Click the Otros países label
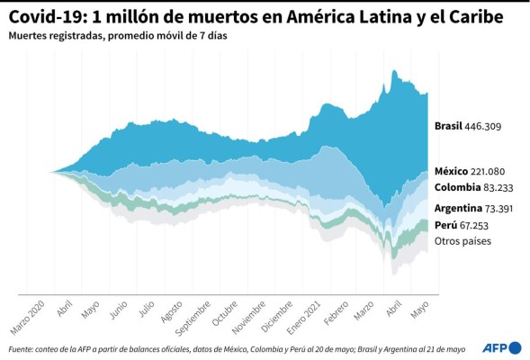coord(463,241)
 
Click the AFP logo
coord(499,347)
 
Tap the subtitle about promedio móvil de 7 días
coord(105,37)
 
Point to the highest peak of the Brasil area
coord(394,70)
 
